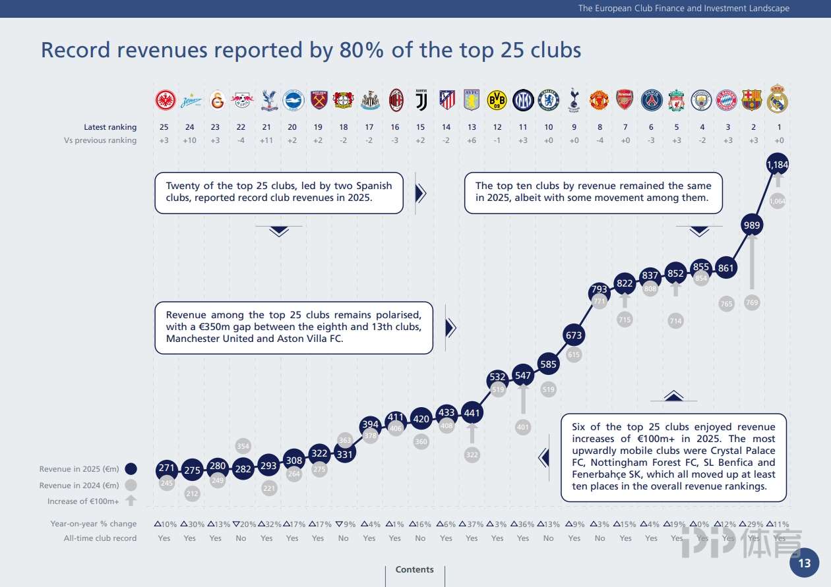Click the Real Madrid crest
coord(778,99)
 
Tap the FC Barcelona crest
coord(752,99)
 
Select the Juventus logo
coord(421,99)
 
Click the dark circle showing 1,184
coord(778,164)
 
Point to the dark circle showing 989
coord(752,225)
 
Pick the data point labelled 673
coord(574,335)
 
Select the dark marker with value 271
coord(166,469)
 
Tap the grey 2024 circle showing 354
coord(243,447)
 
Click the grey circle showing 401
coord(523,427)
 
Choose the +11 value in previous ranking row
coord(266,140)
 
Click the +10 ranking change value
coord(190,140)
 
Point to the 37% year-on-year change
coord(472,524)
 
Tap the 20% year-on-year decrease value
coord(242,524)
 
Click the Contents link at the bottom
coord(414,569)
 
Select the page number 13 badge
coord(805,563)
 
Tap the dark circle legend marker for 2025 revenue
coord(131,469)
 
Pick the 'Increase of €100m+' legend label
coord(83,501)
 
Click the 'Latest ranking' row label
coord(110,127)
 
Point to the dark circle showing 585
coord(548,364)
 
